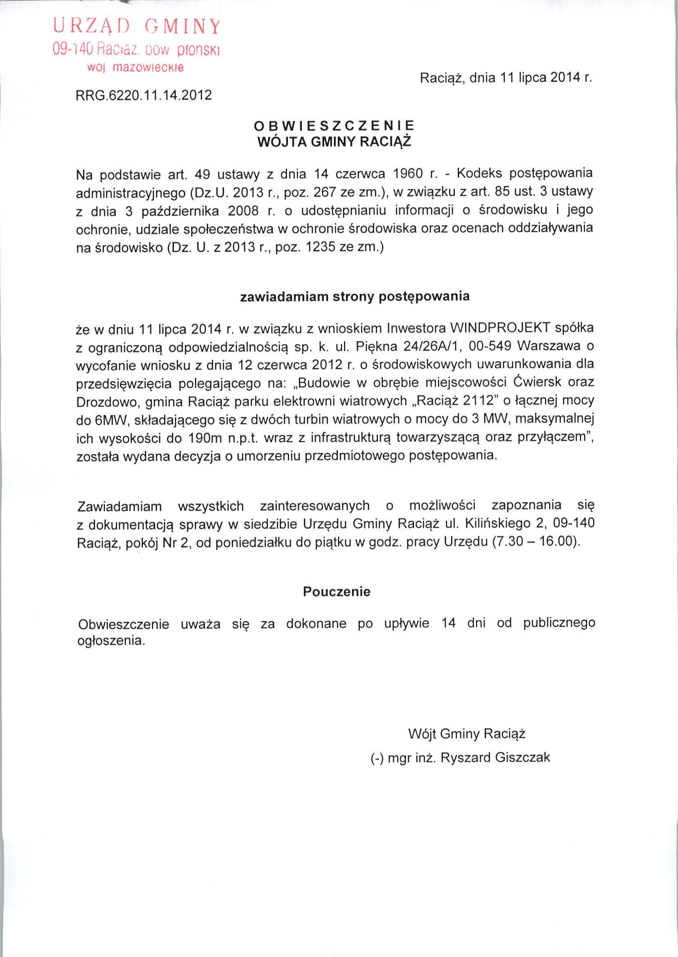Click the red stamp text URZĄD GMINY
coord(136,26)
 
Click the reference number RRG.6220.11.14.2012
coord(144,95)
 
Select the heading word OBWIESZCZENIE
coord(334,125)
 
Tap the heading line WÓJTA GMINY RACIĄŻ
coord(334,142)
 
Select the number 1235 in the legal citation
coord(320,247)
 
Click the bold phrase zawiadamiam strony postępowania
coord(355,297)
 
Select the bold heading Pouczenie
coord(337,592)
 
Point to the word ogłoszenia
coord(111,640)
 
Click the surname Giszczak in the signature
coord(522,757)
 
